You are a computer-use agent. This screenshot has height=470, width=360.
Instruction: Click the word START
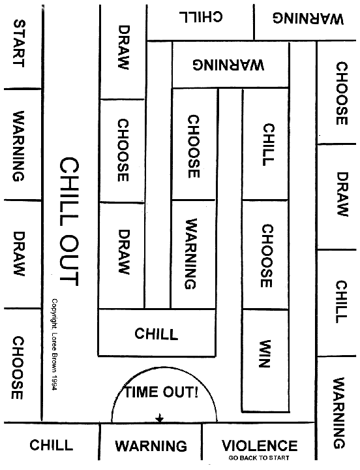(18, 43)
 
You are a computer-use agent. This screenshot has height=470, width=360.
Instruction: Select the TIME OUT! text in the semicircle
(162, 392)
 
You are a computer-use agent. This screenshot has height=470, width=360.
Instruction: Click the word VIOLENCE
(260, 445)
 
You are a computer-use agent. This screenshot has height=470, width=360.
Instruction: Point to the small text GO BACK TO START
(259, 458)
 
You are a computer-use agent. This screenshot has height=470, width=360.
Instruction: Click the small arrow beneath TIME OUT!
(160, 418)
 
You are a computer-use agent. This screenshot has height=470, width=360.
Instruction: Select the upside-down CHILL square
(201, 22)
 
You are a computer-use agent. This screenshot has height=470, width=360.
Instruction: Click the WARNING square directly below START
(23, 144)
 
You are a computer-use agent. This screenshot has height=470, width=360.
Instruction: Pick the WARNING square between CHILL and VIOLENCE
(151, 441)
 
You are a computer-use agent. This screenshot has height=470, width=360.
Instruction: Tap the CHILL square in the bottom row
(52, 441)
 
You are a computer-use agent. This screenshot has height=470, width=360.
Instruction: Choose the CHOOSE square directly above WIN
(265, 255)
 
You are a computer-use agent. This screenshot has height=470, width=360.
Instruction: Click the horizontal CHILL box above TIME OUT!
(157, 333)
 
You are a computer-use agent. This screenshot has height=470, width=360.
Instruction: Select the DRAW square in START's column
(23, 254)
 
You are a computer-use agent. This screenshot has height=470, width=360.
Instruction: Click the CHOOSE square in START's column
(23, 366)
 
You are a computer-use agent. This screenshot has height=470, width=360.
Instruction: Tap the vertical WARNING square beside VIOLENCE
(337, 407)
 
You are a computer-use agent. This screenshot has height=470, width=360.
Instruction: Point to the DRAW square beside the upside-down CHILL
(123, 52)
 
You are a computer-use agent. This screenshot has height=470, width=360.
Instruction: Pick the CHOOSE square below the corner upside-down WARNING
(337, 92)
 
